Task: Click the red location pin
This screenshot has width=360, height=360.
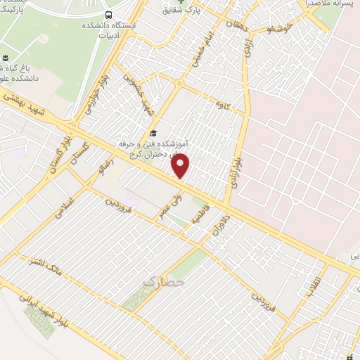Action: tap(181, 167)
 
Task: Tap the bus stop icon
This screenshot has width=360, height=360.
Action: tap(108, 15)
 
